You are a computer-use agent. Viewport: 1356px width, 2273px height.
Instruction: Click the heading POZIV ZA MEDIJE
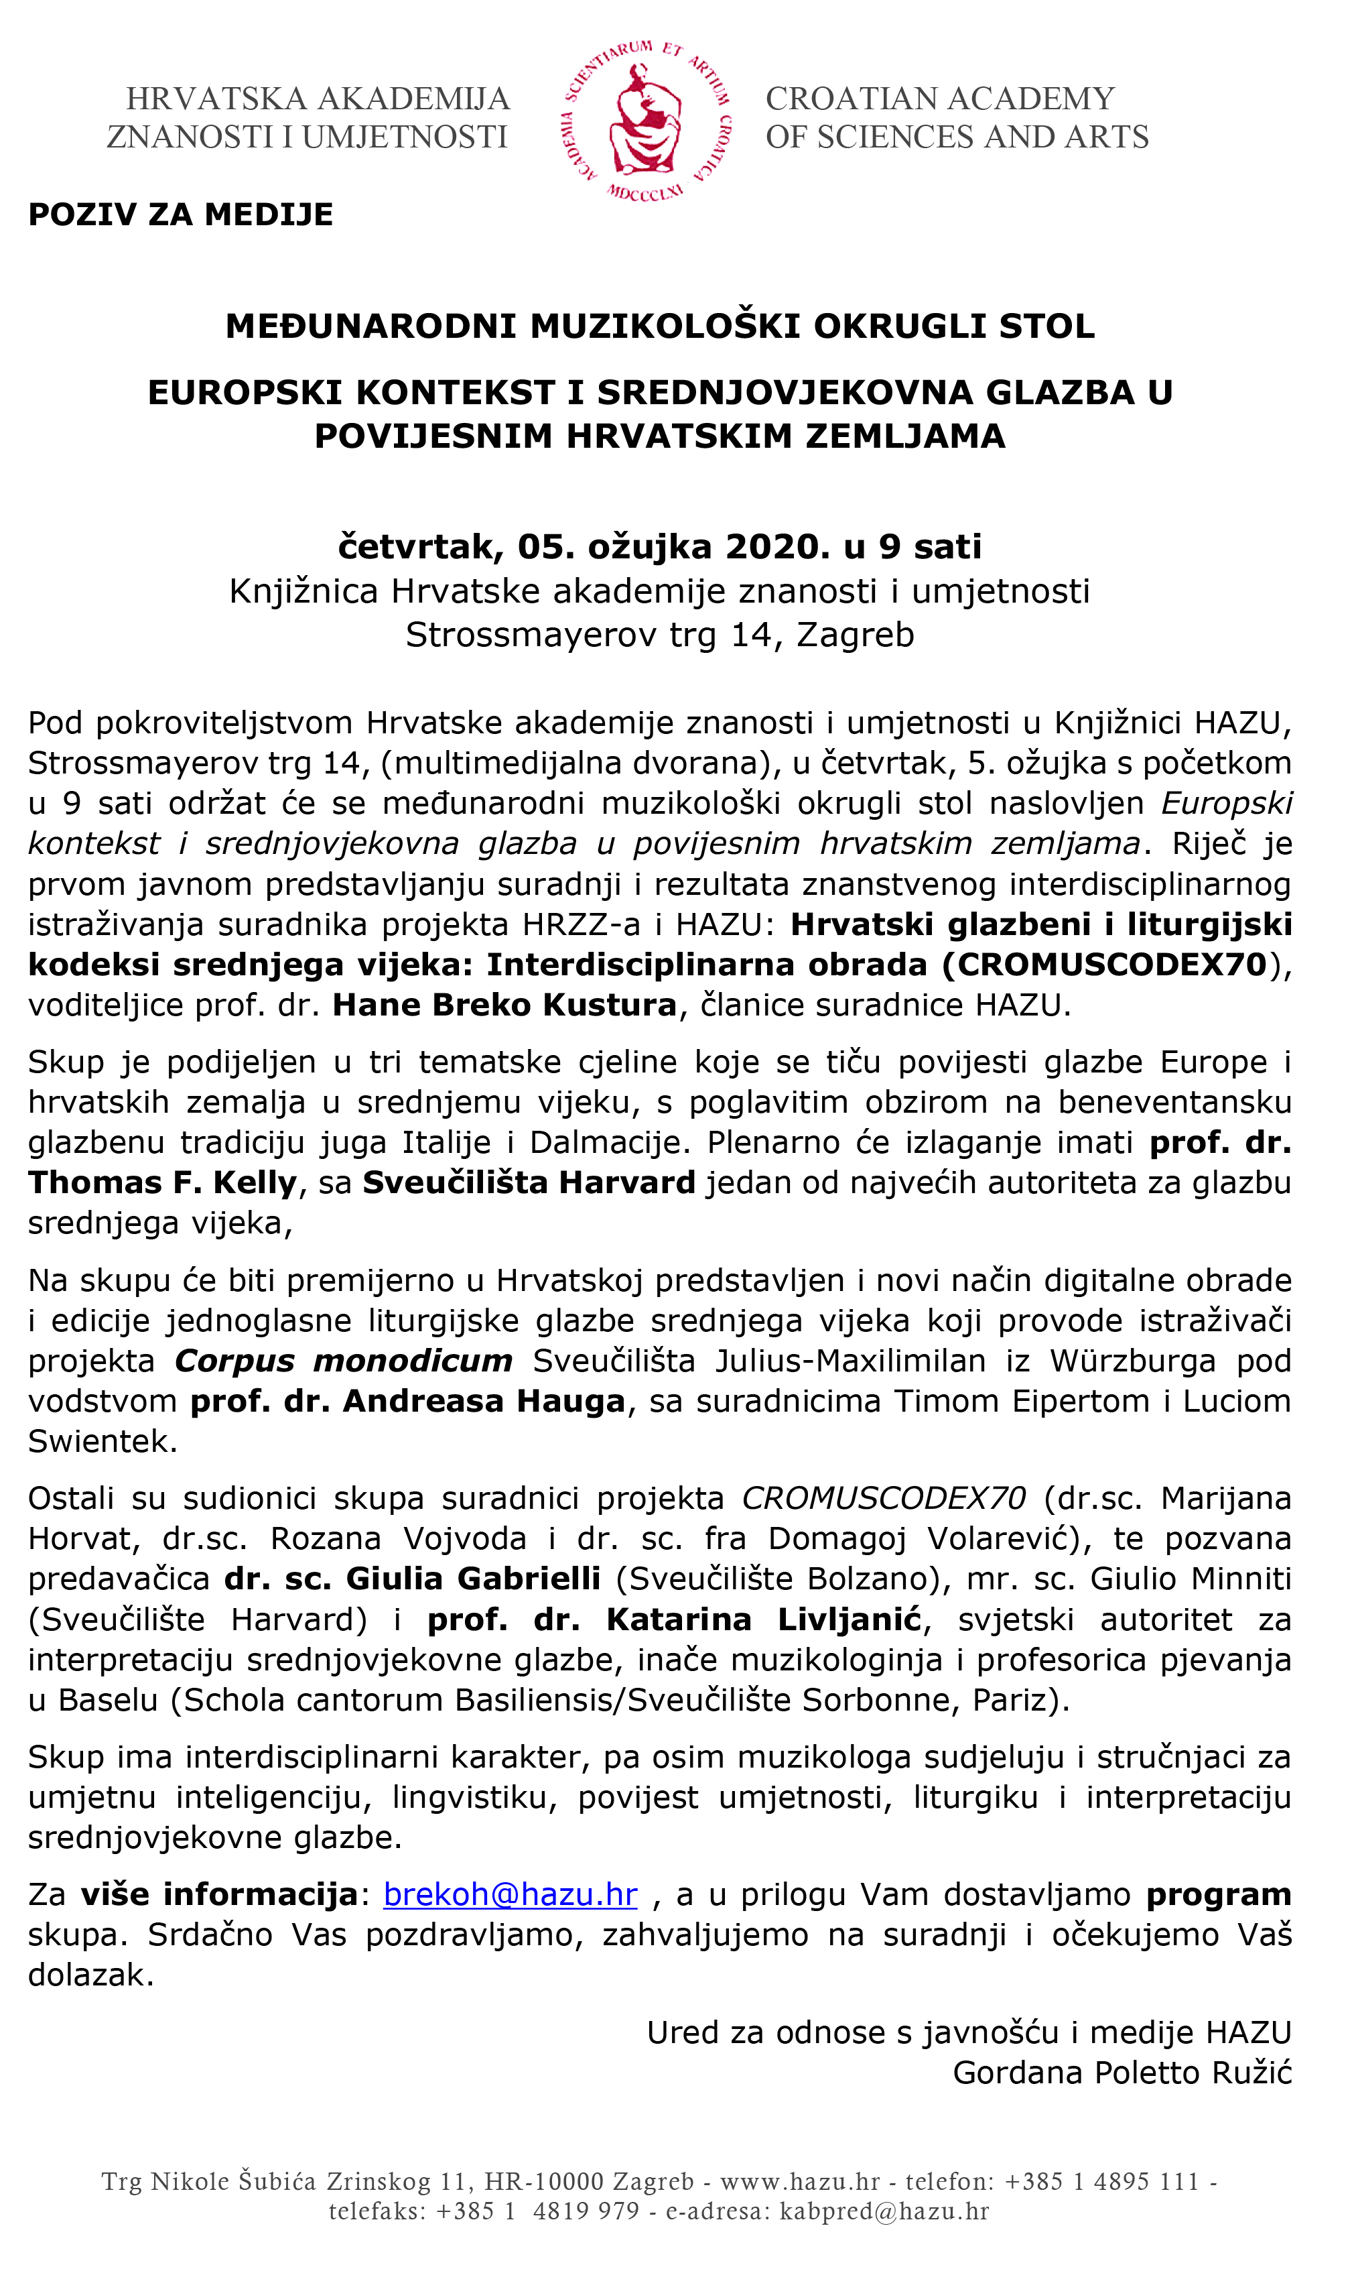tap(181, 214)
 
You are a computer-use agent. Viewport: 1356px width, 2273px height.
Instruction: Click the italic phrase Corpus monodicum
tap(344, 1361)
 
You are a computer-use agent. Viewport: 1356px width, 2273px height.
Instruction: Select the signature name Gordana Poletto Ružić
tap(1122, 2073)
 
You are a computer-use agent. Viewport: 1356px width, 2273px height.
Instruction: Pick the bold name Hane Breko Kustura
tap(504, 1004)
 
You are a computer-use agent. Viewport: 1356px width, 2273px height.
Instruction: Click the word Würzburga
tap(1133, 1361)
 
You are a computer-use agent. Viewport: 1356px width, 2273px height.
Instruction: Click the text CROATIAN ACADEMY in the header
tap(940, 99)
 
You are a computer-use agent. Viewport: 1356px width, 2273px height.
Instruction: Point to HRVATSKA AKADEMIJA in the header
tap(317, 99)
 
